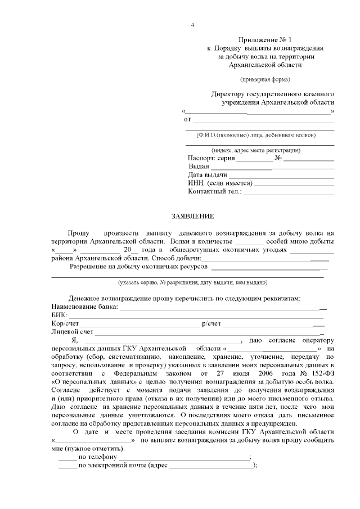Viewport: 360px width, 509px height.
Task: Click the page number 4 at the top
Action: point(192,25)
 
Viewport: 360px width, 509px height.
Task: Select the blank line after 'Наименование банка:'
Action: point(222,309)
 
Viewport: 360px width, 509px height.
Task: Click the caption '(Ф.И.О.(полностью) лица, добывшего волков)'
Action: point(256,136)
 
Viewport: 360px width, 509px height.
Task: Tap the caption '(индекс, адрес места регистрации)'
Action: point(256,151)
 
